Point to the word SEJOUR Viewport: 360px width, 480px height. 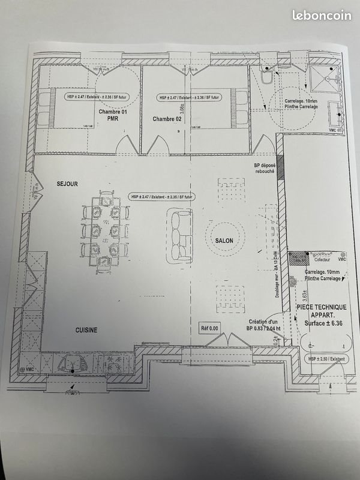[x=67, y=183]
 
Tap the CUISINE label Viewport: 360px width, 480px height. [x=86, y=330]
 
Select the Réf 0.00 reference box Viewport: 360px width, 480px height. [x=209, y=328]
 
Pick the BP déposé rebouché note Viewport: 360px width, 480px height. [x=264, y=168]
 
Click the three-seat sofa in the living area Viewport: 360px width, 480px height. [x=179, y=235]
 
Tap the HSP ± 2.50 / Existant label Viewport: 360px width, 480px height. [x=327, y=358]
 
